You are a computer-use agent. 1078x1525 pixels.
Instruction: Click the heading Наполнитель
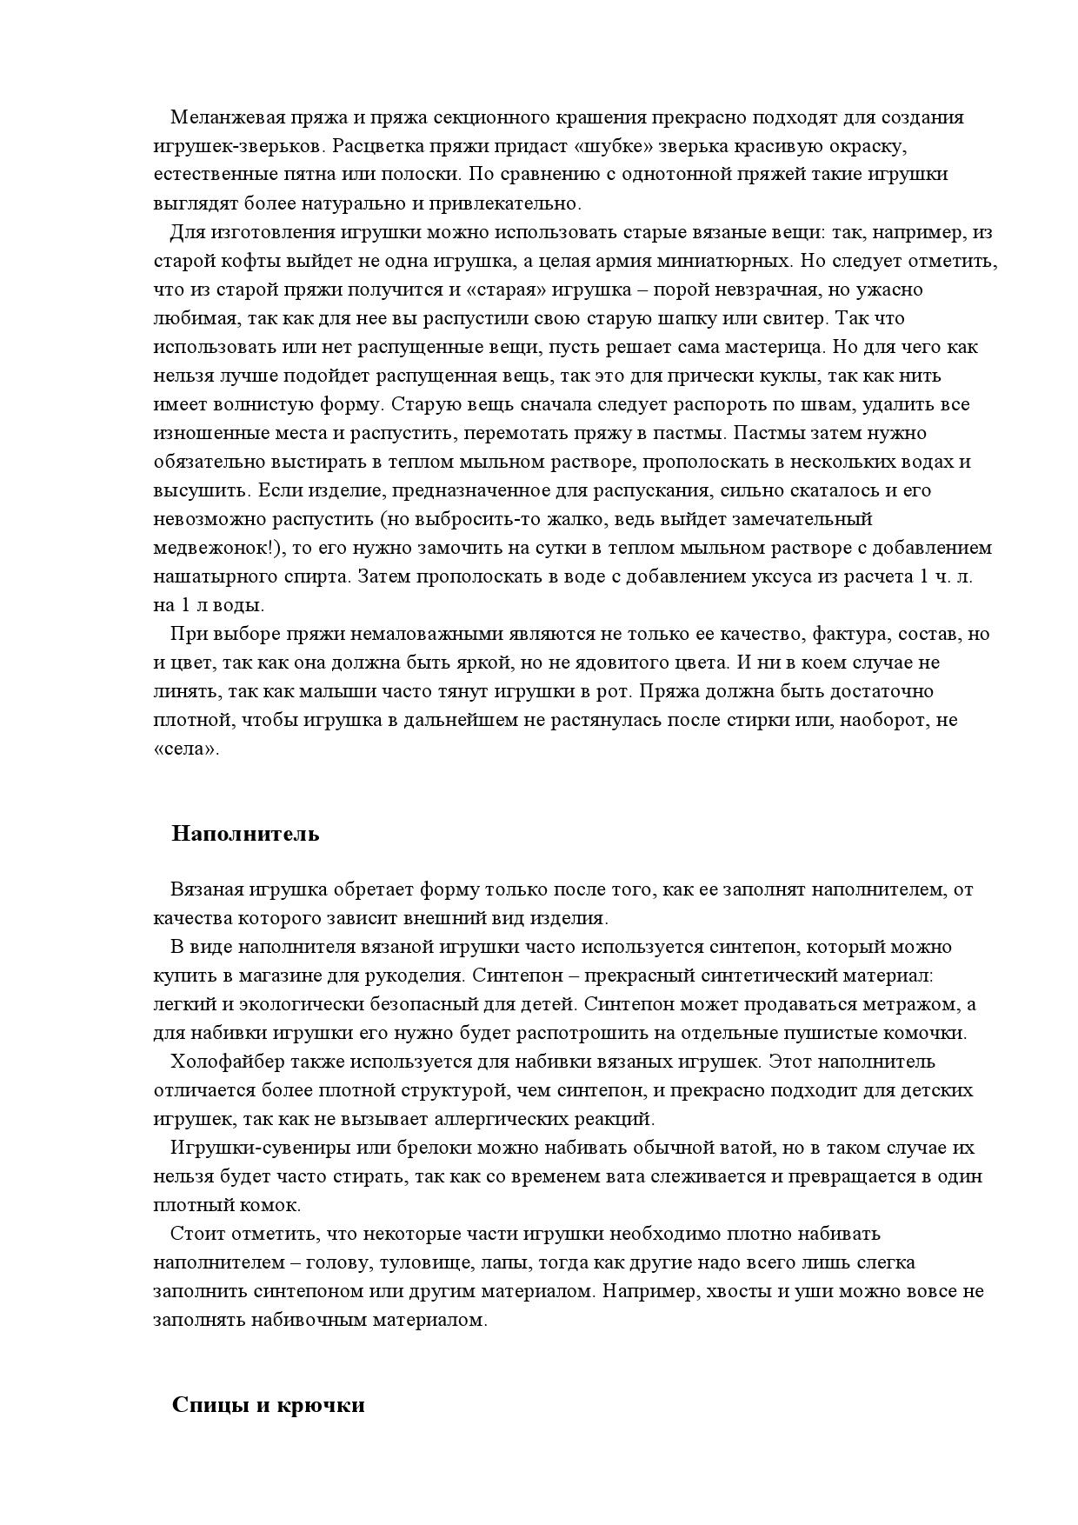click(x=246, y=834)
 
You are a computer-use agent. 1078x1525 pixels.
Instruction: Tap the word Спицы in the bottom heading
click(x=210, y=1406)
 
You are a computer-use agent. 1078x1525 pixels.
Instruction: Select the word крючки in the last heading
click(x=321, y=1406)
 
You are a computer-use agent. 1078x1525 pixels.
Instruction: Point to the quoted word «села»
click(x=186, y=749)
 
